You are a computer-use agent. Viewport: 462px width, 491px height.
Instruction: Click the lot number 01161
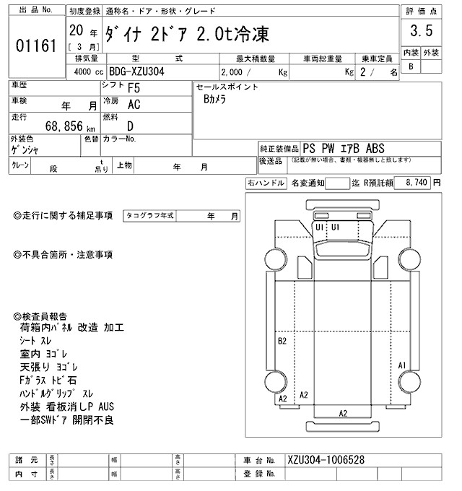35,47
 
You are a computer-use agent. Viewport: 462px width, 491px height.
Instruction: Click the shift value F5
134,89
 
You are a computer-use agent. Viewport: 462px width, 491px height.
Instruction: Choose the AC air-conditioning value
134,105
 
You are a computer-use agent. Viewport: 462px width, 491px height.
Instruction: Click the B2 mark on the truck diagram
283,340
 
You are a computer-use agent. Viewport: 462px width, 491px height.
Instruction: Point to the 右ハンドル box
266,183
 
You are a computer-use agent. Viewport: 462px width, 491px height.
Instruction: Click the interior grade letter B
411,66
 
